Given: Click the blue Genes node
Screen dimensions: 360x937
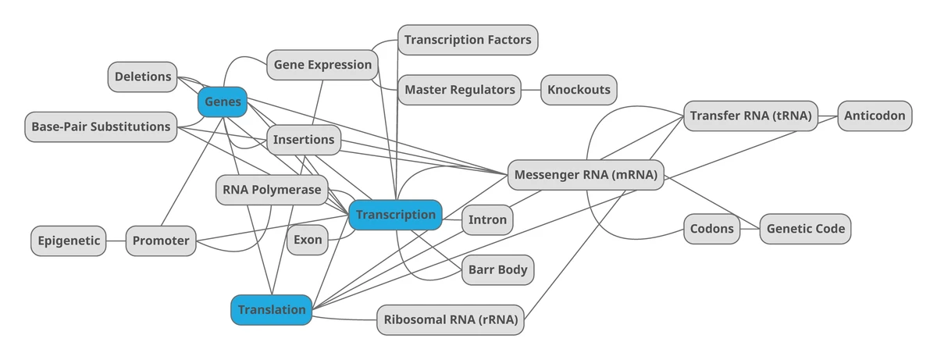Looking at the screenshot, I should tap(223, 102).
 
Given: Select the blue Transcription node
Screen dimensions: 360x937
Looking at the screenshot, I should tap(395, 215).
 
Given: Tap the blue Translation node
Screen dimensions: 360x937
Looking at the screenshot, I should tap(272, 310).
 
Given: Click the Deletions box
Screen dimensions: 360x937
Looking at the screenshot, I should tap(143, 77).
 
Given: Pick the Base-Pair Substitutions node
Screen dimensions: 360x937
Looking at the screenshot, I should tap(101, 127).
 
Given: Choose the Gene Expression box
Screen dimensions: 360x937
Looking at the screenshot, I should tap(322, 65).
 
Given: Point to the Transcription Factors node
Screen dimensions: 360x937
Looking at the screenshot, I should tap(468, 40).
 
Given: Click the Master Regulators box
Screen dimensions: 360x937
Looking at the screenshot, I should tap(459, 90).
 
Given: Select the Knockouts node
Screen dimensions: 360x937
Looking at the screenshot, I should tap(579, 90).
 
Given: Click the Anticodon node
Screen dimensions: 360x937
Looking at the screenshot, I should tap(875, 116).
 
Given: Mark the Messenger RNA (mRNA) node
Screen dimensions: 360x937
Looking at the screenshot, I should tap(586, 175).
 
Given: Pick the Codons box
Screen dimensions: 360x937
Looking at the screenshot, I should tap(712, 230).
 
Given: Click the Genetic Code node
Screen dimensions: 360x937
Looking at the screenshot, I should tap(805, 230).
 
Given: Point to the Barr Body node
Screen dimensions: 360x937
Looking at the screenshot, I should tap(497, 270).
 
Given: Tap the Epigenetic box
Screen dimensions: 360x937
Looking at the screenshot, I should tap(69, 241).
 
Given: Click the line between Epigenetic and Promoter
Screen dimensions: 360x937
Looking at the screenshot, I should tap(116, 241).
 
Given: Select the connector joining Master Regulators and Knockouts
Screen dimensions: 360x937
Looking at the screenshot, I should tap(531, 90).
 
